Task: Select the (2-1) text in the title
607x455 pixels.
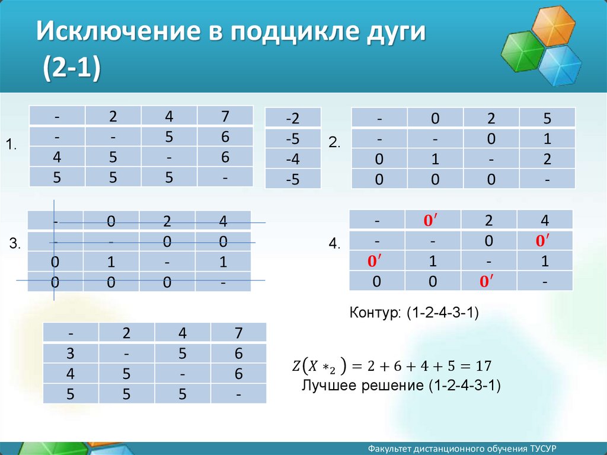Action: (72, 68)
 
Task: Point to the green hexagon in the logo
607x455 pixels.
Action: (523, 53)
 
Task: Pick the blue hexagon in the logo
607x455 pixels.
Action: (560, 65)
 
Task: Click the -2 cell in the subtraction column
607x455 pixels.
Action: (293, 118)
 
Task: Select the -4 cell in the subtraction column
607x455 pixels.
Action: (293, 159)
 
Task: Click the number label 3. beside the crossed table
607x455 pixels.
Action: (15, 244)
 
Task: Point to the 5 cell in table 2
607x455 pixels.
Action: (547, 118)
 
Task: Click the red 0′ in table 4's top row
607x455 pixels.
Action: (432, 220)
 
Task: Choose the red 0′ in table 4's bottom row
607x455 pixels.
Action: (488, 281)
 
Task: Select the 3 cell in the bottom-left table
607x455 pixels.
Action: (71, 354)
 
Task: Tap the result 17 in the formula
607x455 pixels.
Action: (484, 365)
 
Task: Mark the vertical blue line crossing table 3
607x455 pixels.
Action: (54, 250)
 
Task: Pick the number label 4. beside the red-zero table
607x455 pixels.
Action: (335, 244)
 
